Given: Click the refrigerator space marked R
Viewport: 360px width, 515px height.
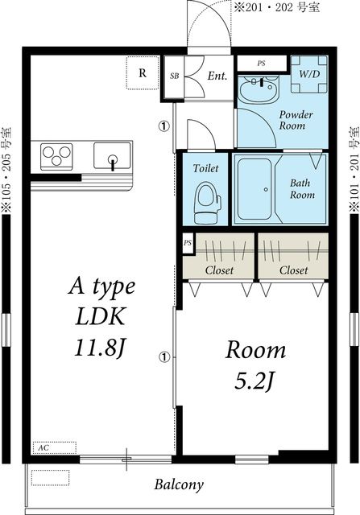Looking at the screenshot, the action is pyautogui.click(x=143, y=72).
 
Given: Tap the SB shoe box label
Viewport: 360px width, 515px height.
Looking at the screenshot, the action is pyautogui.click(x=175, y=76).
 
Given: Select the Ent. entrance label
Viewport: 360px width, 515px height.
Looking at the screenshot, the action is pyautogui.click(x=217, y=76).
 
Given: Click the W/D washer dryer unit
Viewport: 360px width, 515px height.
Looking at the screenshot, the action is pyautogui.click(x=309, y=74).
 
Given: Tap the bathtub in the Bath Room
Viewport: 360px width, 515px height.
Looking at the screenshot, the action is pyautogui.click(x=254, y=189).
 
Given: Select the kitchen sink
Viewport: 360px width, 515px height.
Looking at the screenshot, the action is pyautogui.click(x=112, y=155).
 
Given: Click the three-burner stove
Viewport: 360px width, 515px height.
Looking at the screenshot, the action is pyautogui.click(x=56, y=156).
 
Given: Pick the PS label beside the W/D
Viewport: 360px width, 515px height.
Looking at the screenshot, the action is pyautogui.click(x=262, y=63).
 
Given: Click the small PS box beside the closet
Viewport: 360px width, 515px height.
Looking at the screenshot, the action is pyautogui.click(x=188, y=243).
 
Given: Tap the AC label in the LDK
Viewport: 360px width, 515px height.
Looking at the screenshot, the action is pyautogui.click(x=43, y=447).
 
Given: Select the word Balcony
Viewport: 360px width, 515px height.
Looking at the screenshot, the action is pyautogui.click(x=179, y=484).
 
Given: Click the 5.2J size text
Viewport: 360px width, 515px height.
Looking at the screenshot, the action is pyautogui.click(x=254, y=381).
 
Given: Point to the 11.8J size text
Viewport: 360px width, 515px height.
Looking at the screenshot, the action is pyautogui.click(x=100, y=348).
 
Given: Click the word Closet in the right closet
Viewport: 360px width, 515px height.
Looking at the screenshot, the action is pyautogui.click(x=294, y=270).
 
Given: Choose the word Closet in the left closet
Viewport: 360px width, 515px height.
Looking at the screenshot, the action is pyautogui.click(x=219, y=270).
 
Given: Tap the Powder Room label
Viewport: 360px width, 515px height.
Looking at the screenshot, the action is pyautogui.click(x=296, y=120).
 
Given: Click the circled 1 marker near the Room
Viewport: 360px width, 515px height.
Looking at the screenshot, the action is pyautogui.click(x=164, y=357).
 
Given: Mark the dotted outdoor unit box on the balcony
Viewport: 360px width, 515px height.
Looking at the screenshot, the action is pyautogui.click(x=50, y=478).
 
